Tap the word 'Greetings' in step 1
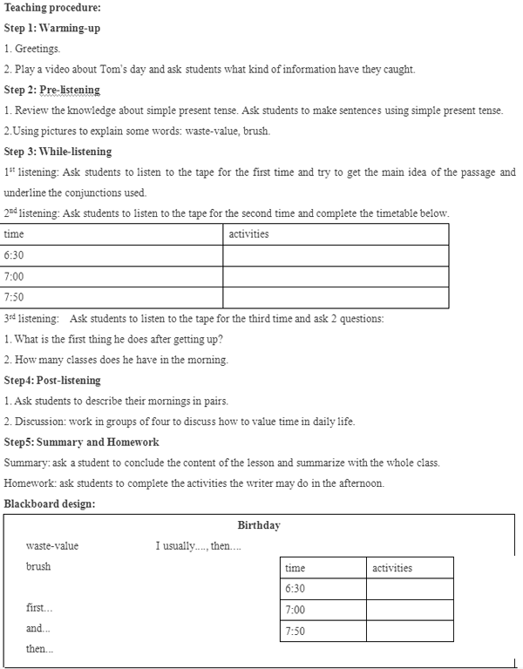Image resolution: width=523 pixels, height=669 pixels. (37, 49)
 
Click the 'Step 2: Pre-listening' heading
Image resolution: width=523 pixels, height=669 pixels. (51, 90)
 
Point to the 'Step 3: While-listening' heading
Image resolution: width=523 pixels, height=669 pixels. (58, 152)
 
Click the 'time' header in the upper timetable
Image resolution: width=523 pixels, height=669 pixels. (14, 234)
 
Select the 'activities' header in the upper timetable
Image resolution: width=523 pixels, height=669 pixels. (248, 234)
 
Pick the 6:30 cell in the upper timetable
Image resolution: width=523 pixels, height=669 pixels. (15, 255)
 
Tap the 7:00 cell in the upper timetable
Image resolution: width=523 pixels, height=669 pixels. (15, 276)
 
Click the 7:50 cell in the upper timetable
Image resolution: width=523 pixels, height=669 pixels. (15, 297)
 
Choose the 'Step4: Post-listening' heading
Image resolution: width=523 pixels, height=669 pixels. (52, 380)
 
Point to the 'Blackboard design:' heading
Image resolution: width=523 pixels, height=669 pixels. (50, 503)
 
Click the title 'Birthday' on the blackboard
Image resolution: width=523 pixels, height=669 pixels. (259, 525)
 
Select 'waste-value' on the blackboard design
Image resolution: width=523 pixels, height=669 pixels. (52, 546)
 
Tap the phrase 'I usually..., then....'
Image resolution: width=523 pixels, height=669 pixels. (199, 546)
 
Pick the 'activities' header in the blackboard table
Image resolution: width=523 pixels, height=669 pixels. (392, 568)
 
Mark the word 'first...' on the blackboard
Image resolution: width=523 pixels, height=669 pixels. (39, 608)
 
